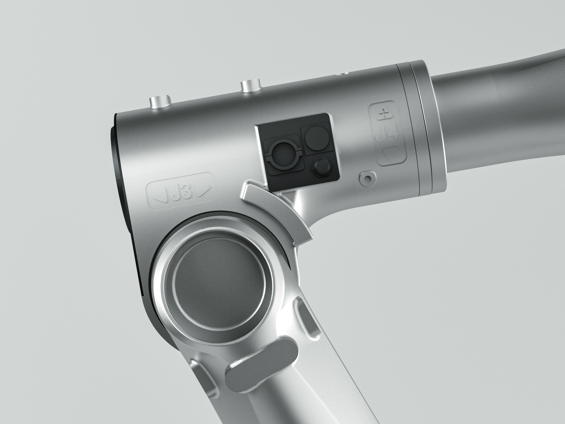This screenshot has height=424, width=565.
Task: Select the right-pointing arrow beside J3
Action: [x=204, y=191]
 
